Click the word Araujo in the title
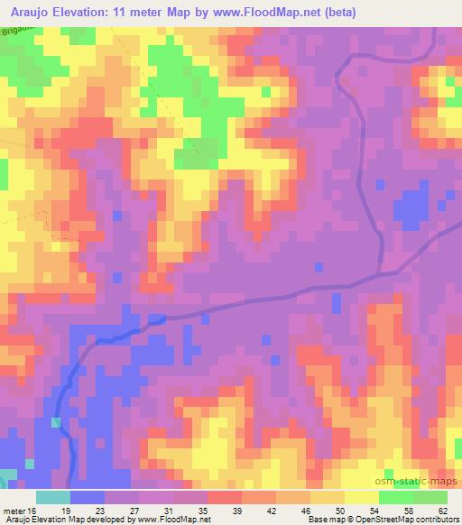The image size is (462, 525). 30,13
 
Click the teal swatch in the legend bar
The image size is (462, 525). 53,498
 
